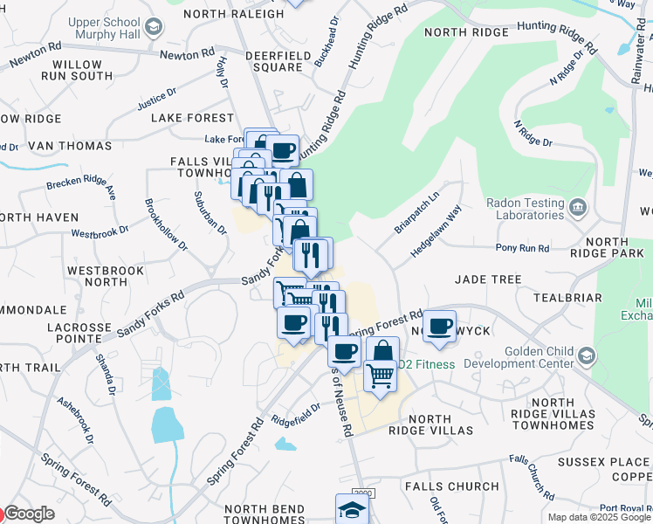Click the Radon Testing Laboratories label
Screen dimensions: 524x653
point(512,209)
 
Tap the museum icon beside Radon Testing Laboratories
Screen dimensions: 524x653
point(578,208)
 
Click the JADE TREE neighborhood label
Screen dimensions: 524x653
point(488,279)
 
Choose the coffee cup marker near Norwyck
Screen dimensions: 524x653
point(440,326)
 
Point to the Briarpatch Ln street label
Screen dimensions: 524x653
point(416,209)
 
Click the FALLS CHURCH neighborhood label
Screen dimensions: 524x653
point(451,486)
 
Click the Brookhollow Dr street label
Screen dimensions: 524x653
point(167,225)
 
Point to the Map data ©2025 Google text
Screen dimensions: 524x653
point(599,517)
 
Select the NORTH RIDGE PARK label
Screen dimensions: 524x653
point(613,247)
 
